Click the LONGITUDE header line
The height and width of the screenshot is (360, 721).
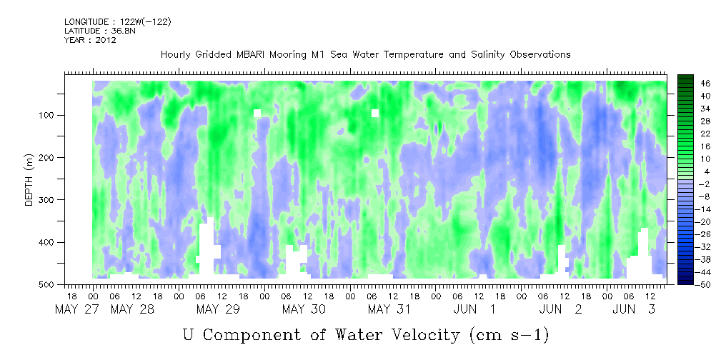117,22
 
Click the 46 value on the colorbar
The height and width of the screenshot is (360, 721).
686,83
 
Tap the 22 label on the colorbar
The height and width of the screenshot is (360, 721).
686,134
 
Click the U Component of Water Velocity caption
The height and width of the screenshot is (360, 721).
366,334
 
